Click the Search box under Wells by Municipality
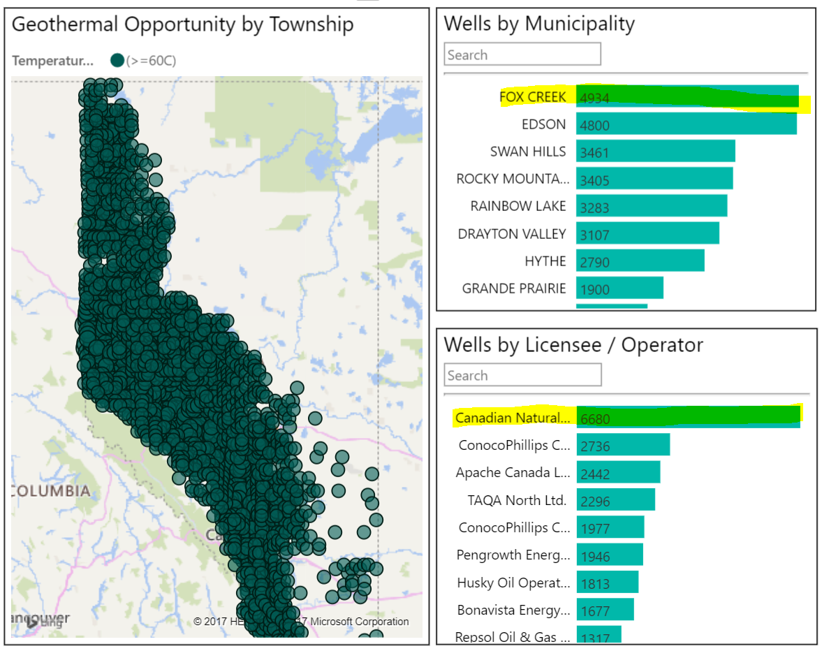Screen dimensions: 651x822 [522, 54]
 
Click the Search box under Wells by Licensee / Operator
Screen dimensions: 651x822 [522, 375]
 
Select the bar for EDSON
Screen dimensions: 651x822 [686, 124]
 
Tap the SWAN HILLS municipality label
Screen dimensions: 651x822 [528, 152]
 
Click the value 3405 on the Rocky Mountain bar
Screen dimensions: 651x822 [595, 180]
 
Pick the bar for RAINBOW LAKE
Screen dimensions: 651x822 [651, 206]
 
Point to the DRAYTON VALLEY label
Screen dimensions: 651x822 [512, 233]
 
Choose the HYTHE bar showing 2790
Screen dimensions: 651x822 [640, 261]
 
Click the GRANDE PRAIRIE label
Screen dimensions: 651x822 [514, 288]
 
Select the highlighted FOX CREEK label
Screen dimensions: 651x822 [533, 97]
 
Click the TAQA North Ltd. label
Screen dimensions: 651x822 [517, 500]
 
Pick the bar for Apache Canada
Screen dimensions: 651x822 [618, 473]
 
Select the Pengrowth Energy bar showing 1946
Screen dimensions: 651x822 [610, 555]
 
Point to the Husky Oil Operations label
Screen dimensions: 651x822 [513, 583]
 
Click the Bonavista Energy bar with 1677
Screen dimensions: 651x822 [605, 610]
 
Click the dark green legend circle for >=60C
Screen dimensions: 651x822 [117, 61]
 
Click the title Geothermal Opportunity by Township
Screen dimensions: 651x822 [183, 24]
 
